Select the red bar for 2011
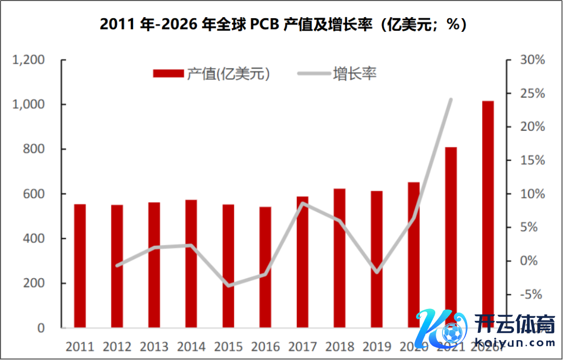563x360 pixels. point(80,266)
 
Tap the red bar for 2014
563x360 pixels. point(191,264)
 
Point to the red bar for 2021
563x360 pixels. point(451,234)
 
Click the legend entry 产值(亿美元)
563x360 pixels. point(212,73)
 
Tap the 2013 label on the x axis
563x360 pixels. point(154,346)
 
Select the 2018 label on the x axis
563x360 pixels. point(340,346)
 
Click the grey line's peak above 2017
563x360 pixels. point(303,203)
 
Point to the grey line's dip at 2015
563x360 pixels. point(228,285)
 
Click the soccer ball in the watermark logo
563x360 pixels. point(451,332)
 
